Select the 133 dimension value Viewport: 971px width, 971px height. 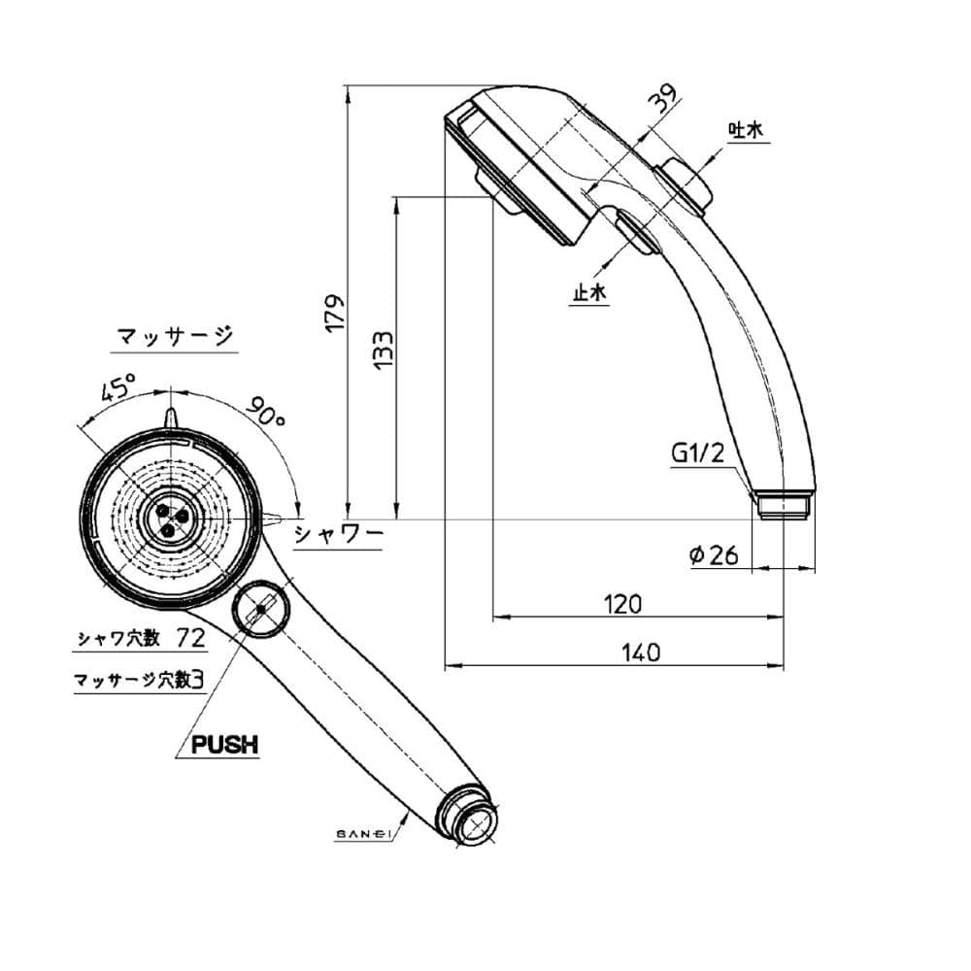point(384,350)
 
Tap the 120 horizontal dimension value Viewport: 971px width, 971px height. point(622,604)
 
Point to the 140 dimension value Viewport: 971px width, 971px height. point(639,653)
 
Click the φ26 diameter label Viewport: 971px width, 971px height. point(715,555)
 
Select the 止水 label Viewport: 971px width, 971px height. point(588,292)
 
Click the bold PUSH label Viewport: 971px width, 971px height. point(224,745)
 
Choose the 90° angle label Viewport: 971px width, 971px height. point(264,412)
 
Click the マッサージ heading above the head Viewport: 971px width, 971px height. point(174,337)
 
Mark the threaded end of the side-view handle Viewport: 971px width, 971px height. point(784,504)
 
